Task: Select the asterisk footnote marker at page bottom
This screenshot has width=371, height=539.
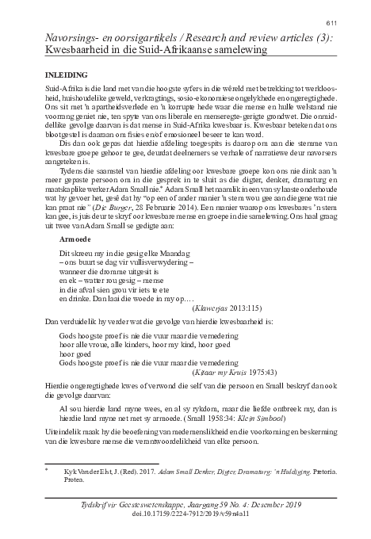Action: click(x=47, y=470)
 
